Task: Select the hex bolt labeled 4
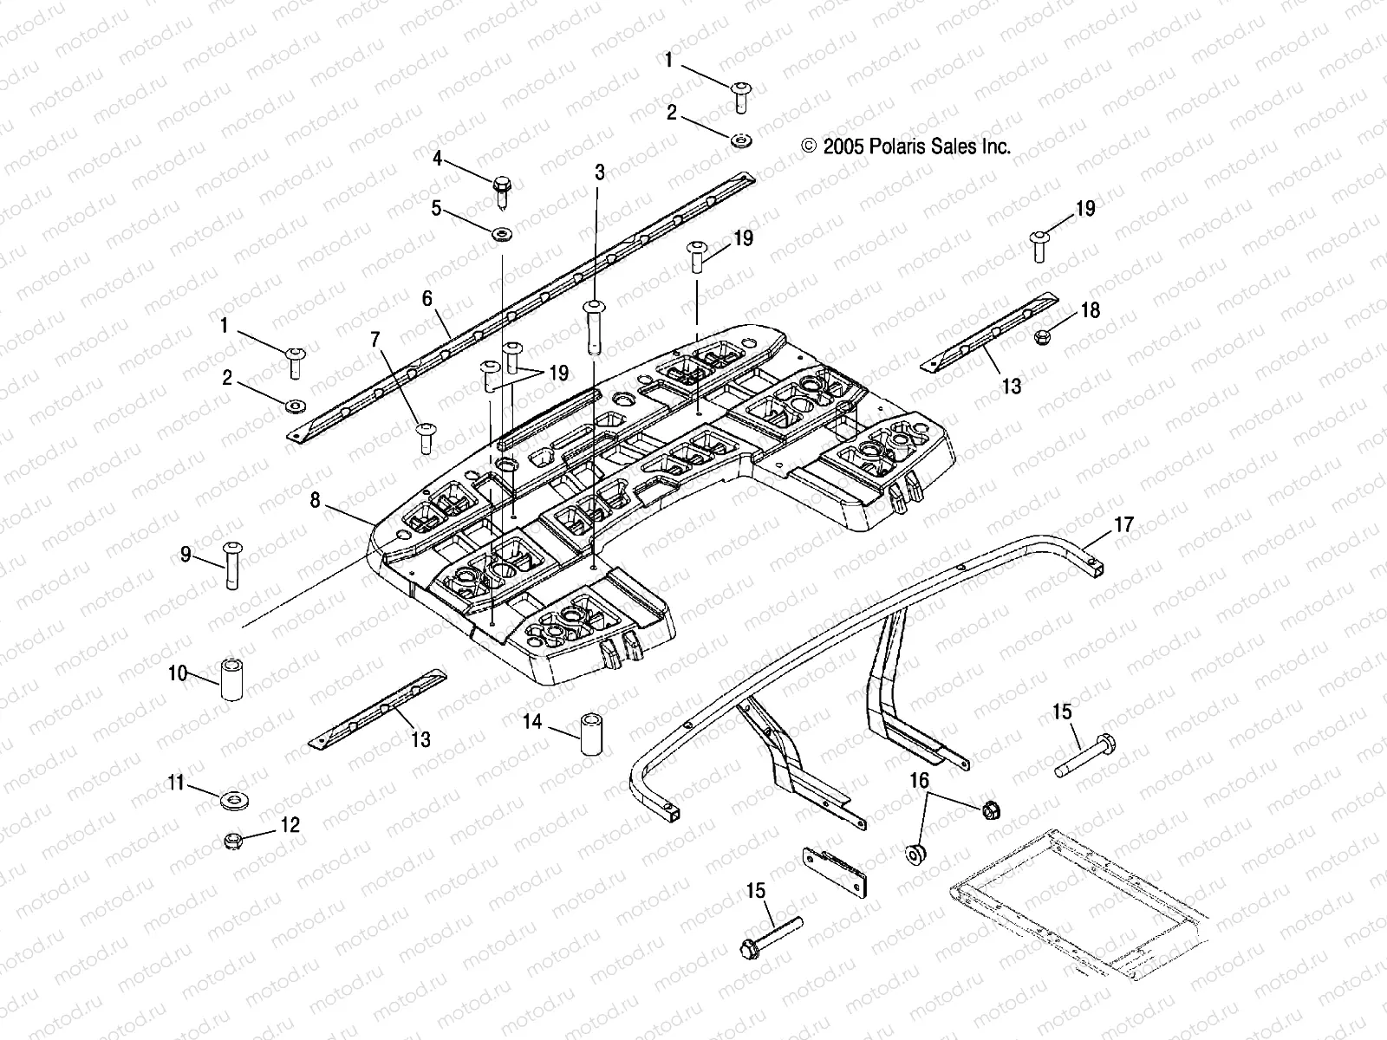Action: pos(502,190)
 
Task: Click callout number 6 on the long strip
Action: pos(427,299)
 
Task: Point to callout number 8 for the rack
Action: pos(315,500)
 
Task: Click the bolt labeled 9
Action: pos(231,563)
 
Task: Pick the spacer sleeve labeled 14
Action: pos(590,733)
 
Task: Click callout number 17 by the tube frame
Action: pos(1123,524)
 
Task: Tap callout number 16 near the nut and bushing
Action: pos(919,781)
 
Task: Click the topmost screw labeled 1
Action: pos(742,95)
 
